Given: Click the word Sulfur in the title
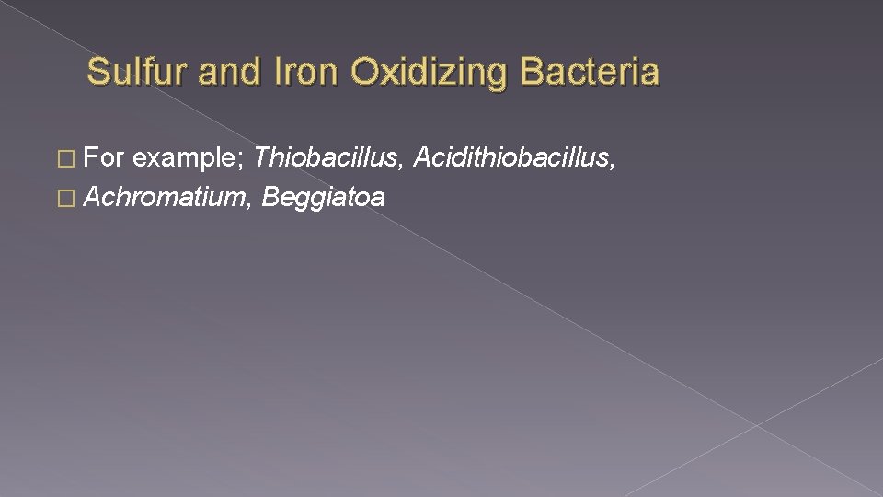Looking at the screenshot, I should tap(137, 71).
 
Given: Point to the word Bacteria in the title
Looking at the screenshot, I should tap(590, 71).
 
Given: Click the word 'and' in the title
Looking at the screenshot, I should tap(224, 71).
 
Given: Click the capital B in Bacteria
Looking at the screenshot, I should tap(533, 71).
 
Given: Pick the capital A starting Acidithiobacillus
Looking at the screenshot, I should tap(424, 158).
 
